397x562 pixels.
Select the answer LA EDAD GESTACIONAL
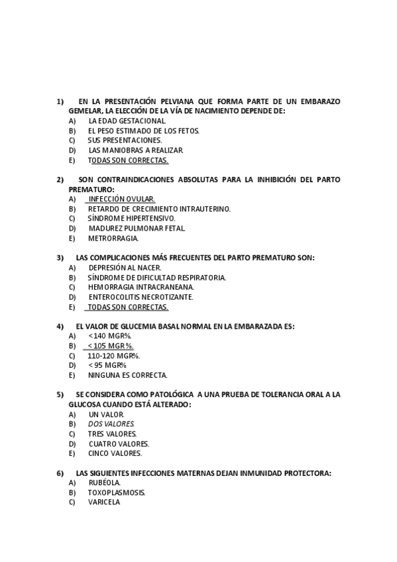(x=127, y=121)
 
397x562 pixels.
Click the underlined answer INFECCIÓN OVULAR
(x=121, y=199)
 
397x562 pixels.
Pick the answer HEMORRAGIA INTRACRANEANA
(x=141, y=287)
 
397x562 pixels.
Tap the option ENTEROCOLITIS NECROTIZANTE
(x=141, y=297)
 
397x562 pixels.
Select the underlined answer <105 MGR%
(x=110, y=346)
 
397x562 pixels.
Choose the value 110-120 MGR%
(x=113, y=355)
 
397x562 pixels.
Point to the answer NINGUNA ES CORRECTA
(x=127, y=374)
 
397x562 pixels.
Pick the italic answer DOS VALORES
(x=111, y=423)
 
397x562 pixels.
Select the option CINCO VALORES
(x=115, y=453)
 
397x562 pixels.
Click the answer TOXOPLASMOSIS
(x=117, y=492)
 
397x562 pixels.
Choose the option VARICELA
(x=104, y=502)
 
